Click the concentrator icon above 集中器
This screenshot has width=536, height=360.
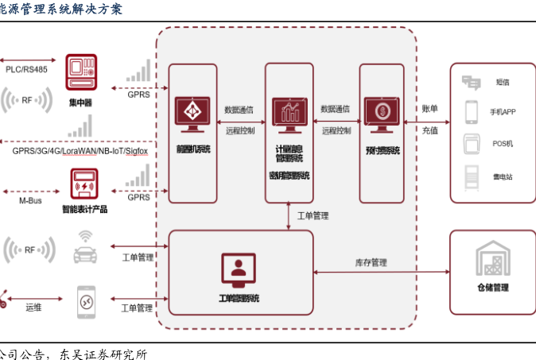80,73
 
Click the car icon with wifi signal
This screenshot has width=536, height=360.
84,247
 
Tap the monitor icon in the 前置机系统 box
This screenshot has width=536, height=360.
192,114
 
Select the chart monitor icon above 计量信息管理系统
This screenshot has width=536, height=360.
289,112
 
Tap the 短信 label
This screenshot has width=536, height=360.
503,82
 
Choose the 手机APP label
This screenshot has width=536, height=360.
503,112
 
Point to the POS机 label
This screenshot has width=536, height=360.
503,144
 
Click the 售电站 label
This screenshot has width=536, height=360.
503,176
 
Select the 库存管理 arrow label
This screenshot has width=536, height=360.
371,262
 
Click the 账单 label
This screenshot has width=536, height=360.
429,108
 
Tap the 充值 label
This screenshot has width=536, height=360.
429,130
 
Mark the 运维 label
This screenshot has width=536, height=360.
33,307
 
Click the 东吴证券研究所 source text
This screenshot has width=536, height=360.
101,353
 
